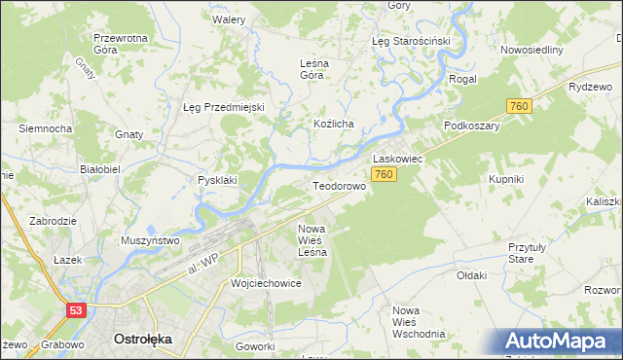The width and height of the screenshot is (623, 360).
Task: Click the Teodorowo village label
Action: point(338,185)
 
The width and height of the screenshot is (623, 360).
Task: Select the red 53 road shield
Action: point(76,309)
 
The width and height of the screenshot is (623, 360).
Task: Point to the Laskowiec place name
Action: point(396,157)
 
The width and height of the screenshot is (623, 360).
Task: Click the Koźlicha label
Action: point(333,125)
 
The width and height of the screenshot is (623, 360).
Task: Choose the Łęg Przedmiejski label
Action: point(224,107)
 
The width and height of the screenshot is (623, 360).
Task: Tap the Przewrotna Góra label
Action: point(120,44)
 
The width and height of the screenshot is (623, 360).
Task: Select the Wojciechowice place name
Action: point(266,283)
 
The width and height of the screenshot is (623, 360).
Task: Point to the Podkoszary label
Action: point(471,126)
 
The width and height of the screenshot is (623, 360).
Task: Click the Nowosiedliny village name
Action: point(531,50)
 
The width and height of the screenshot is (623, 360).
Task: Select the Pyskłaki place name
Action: point(218,180)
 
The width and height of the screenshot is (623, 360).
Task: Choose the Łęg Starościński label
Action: point(411,42)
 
